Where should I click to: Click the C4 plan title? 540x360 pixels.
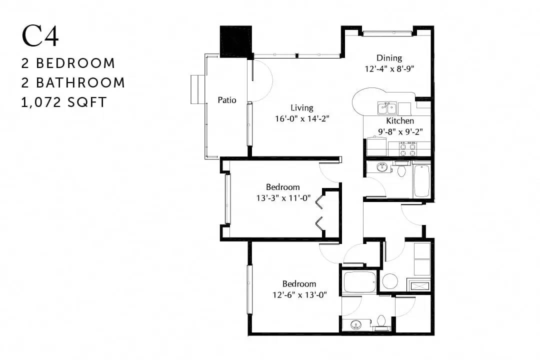[40, 36]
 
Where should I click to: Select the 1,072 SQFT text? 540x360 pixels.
[64, 102]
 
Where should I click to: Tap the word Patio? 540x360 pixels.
[227, 100]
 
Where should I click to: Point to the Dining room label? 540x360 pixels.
[389, 58]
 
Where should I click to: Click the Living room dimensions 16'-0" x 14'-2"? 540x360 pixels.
[302, 119]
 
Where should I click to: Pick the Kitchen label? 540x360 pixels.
[400, 121]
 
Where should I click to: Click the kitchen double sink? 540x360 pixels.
[387, 108]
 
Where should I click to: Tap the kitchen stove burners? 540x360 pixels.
[408, 149]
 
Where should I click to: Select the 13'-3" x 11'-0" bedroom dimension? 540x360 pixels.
[283, 198]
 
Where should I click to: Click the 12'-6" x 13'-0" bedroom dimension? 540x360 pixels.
[299, 295]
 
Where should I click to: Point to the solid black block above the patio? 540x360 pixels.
[236, 41]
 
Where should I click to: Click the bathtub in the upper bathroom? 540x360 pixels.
[421, 181]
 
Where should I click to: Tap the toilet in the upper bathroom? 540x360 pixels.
[401, 169]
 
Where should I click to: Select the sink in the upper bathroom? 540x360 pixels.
[381, 167]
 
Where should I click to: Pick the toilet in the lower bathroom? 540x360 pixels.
[381, 321]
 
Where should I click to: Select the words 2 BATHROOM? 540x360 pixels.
[73, 82]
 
